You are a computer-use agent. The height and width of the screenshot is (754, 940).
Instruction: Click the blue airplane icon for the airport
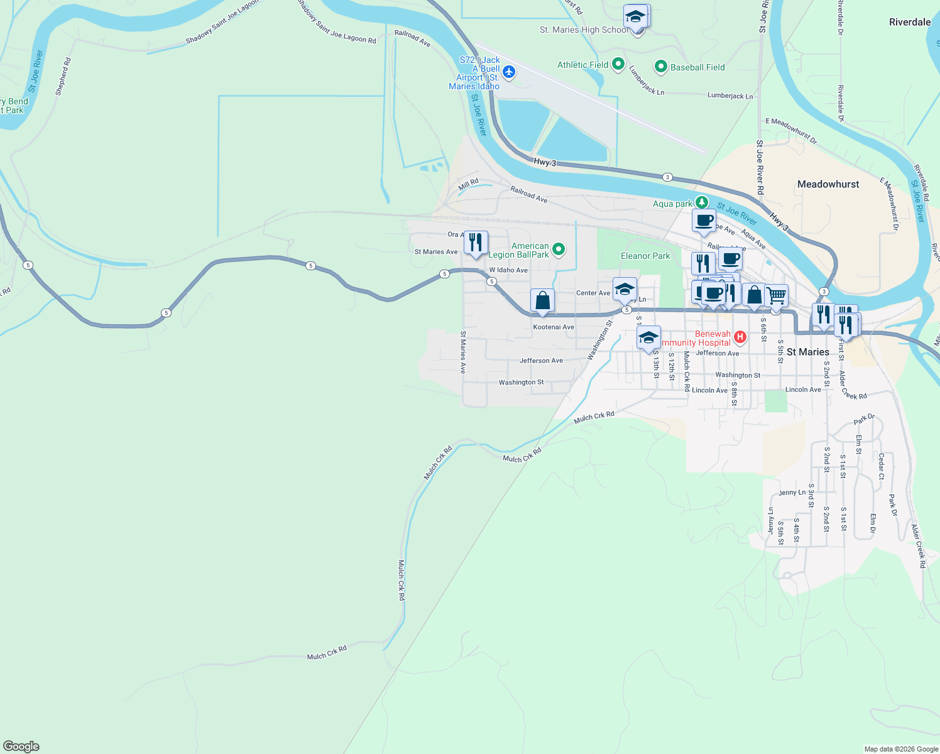[509, 72]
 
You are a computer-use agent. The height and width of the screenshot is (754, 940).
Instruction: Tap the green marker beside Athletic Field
[618, 64]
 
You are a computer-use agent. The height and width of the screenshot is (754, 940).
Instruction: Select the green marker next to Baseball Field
[660, 66]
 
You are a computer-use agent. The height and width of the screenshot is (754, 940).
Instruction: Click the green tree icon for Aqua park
[702, 202]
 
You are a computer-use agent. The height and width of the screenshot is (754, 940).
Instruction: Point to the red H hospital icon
[740, 337]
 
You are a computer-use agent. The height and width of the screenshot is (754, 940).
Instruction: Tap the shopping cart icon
[777, 295]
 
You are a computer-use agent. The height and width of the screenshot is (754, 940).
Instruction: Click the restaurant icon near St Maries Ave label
[476, 243]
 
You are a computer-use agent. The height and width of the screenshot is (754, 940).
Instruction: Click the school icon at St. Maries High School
[636, 16]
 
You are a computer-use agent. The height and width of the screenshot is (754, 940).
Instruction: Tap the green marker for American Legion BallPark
[558, 250]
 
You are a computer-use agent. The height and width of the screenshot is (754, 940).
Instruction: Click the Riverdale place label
[909, 22]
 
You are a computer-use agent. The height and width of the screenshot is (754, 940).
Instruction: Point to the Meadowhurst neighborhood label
[828, 184]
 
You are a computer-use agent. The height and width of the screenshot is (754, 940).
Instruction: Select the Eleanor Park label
[645, 256]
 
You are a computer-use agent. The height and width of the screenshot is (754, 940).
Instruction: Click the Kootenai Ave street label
[554, 327]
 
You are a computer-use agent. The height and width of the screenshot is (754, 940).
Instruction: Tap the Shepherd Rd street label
[63, 77]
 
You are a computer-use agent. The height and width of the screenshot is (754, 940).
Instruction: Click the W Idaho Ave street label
[508, 270]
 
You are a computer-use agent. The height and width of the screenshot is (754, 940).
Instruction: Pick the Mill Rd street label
[468, 184]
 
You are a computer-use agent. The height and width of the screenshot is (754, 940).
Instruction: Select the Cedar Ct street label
[881, 466]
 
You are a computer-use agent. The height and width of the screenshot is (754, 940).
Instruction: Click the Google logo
[21, 746]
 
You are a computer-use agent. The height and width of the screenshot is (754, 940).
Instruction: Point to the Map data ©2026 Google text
[900, 749]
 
